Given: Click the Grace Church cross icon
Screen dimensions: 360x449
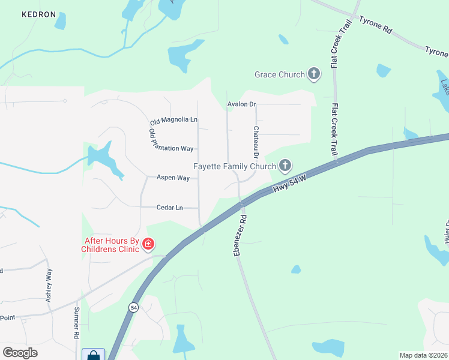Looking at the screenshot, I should [313, 74].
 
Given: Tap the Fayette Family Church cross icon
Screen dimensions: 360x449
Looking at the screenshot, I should [285, 166].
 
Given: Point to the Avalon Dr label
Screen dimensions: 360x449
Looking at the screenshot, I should [242, 104].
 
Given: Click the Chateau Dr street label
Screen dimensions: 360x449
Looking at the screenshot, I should [256, 138].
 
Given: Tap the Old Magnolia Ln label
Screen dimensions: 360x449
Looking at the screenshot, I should [173, 120].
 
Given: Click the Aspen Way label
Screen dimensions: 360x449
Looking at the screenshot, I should [173, 178].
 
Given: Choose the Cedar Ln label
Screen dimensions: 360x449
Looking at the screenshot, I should [169, 208].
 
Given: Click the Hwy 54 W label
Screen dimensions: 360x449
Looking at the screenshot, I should [290, 184].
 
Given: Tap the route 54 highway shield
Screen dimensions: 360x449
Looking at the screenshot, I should [132, 307].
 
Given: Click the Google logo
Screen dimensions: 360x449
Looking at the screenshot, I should [20, 353].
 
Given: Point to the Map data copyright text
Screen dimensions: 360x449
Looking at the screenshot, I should [423, 355].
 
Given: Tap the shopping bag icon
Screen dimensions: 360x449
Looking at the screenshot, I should [93, 355].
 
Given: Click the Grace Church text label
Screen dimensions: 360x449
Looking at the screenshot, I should [280, 74].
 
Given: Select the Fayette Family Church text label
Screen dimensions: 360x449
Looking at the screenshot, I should [235, 166].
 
